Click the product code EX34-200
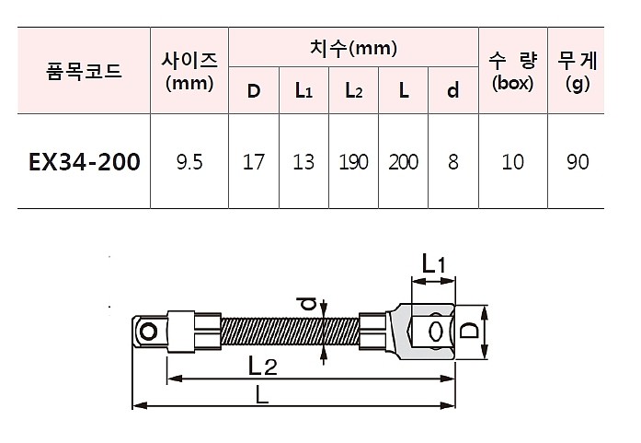point(85,162)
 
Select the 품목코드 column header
point(84,71)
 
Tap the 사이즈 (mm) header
point(189,71)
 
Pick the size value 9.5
point(189,162)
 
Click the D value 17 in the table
point(254,162)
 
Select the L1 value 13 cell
point(303,162)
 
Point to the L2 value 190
point(353,162)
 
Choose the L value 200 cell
point(403,162)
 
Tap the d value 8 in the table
point(452,162)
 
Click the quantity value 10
point(512,162)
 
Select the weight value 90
point(578,162)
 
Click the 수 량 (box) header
point(512,71)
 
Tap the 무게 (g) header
point(578,71)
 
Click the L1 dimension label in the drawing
point(433,265)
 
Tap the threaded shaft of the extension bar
point(290,329)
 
